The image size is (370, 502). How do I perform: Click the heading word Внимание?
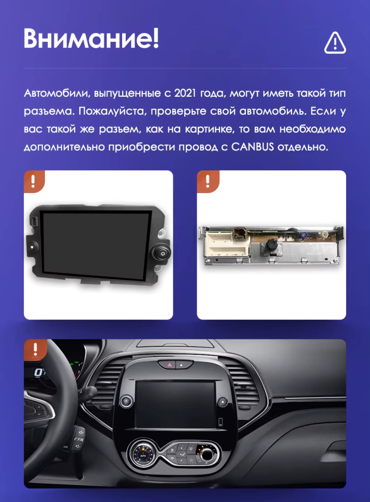91,38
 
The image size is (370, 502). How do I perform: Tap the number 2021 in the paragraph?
185,94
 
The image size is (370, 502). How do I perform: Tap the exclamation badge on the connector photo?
208,181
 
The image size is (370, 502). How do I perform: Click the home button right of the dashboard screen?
221,401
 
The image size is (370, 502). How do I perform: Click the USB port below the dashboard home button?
221,420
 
